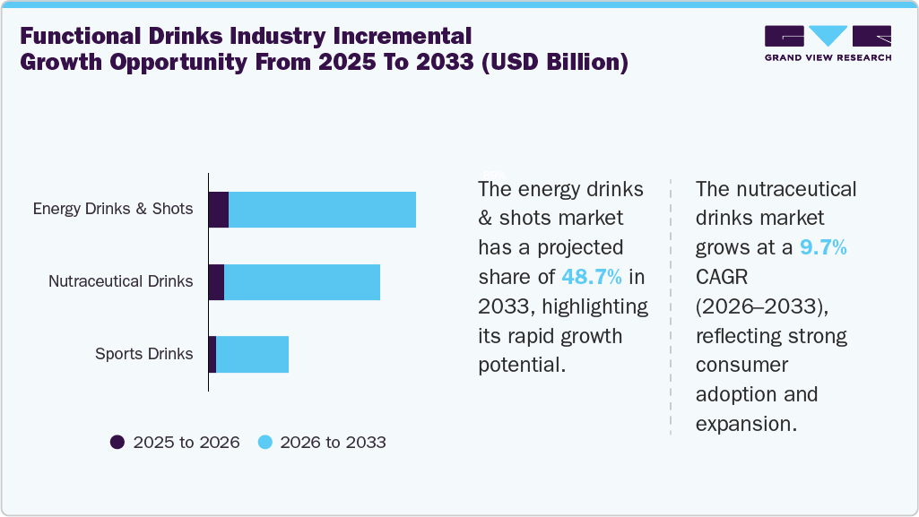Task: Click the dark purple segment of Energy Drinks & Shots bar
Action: pyautogui.click(x=218, y=210)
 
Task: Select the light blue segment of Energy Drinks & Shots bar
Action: pyautogui.click(x=322, y=210)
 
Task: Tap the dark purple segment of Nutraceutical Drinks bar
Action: pyautogui.click(x=216, y=282)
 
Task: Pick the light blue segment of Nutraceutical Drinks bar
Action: pyautogui.click(x=302, y=282)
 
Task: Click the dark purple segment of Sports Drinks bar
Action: pyautogui.click(x=212, y=354)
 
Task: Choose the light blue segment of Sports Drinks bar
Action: pyautogui.click(x=252, y=354)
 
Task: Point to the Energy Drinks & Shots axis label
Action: pyautogui.click(x=113, y=209)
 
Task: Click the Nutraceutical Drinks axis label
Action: pyautogui.click(x=120, y=281)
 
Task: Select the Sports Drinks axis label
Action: pyautogui.click(x=143, y=354)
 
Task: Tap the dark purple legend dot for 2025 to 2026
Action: pyautogui.click(x=117, y=442)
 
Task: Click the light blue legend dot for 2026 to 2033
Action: pyautogui.click(x=264, y=442)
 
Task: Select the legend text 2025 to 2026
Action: pyautogui.click(x=186, y=443)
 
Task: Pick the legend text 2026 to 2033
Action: pyautogui.click(x=333, y=443)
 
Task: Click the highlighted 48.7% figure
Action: pyautogui.click(x=593, y=276)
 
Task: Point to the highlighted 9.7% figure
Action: pyautogui.click(x=823, y=248)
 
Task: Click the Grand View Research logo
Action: pyautogui.click(x=828, y=43)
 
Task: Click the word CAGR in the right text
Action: pyautogui.click(x=724, y=278)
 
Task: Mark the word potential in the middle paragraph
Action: pyautogui.click(x=520, y=365)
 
